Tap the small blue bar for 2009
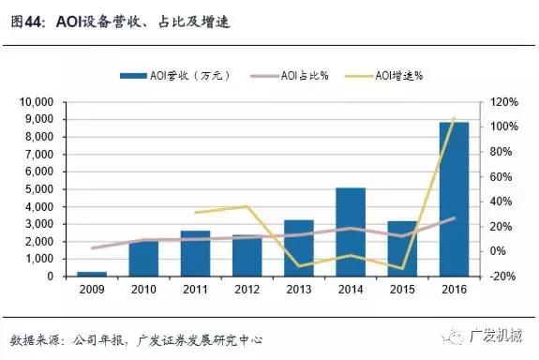pyautogui.click(x=91, y=274)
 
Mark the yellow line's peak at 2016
pyautogui.click(x=454, y=118)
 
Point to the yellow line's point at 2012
pyautogui.click(x=247, y=206)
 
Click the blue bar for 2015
pyautogui.click(x=401, y=248)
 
